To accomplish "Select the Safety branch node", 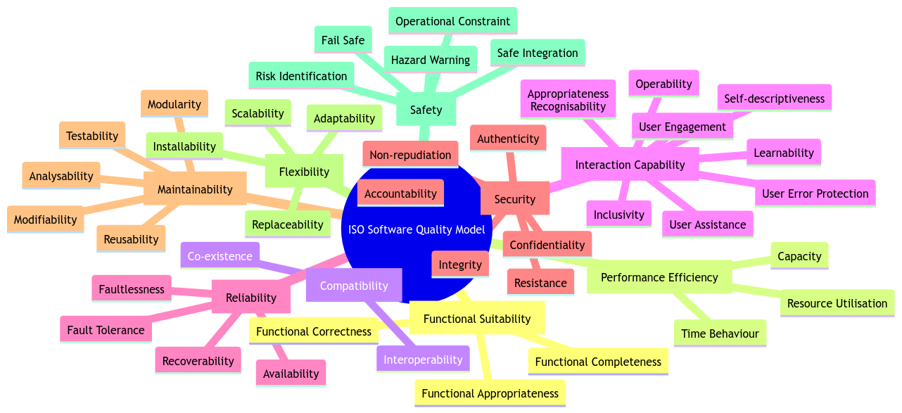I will point(426,110).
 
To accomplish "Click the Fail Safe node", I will point(343,40).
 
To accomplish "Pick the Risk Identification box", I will point(301,76).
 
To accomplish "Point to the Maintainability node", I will point(195,189).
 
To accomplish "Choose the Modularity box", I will point(174,104).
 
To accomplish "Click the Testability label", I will point(92,136).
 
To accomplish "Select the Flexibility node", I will point(304,172).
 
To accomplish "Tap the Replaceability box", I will point(288,225).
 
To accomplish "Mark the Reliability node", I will point(251,298).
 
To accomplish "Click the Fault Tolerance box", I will point(106,330).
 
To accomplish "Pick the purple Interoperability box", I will point(423,360).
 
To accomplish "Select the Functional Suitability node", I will point(477,319).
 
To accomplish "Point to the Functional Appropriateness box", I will point(490,393).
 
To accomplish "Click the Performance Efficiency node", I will point(659,277).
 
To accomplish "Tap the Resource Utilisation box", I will point(837,303).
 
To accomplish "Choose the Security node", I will point(515,199).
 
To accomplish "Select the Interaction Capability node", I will point(630,165).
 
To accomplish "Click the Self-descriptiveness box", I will point(774,99).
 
